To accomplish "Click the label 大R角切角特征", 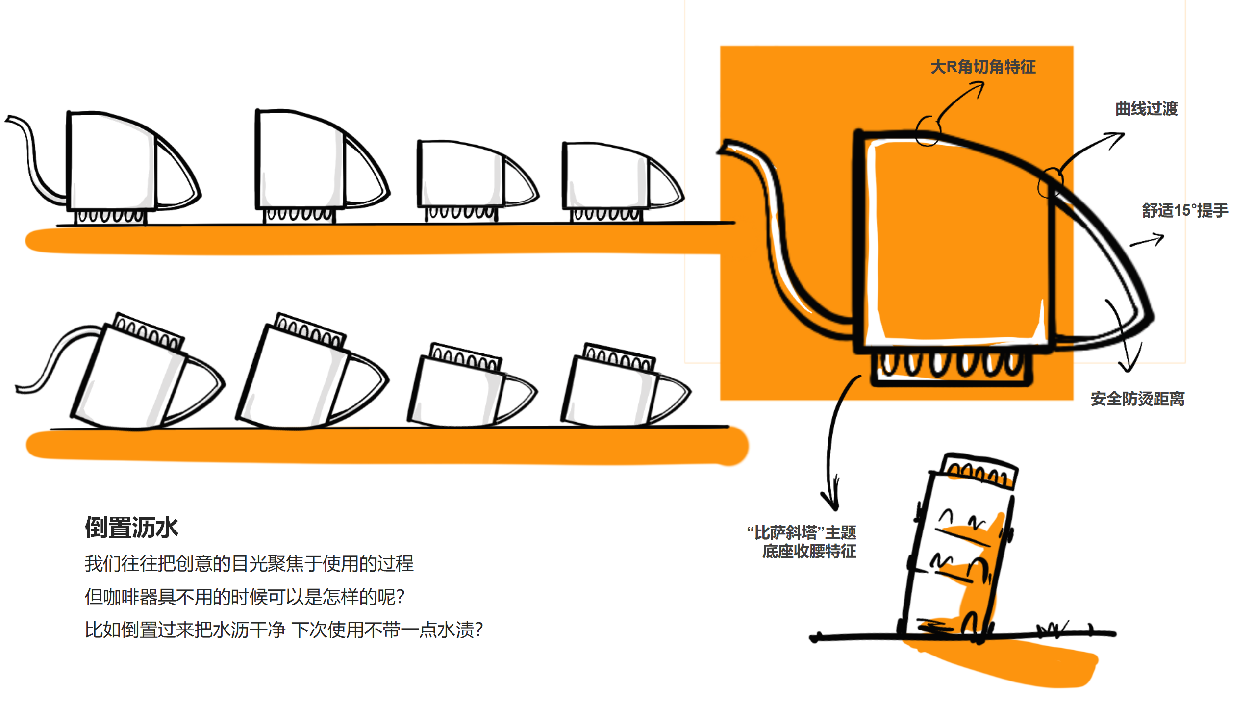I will (982, 67).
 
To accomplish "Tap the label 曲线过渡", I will (1146, 108).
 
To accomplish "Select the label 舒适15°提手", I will (1184, 210).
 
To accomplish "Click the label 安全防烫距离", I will (1137, 399).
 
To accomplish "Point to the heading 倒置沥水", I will (131, 528).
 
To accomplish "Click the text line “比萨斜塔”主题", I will (801, 532).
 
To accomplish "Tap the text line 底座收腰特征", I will (809, 551).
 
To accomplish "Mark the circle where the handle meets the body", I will (1050, 182).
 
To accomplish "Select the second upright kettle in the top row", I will (319, 167).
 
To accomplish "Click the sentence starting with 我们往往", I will (249, 563).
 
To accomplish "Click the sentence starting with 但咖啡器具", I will (244, 597).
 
